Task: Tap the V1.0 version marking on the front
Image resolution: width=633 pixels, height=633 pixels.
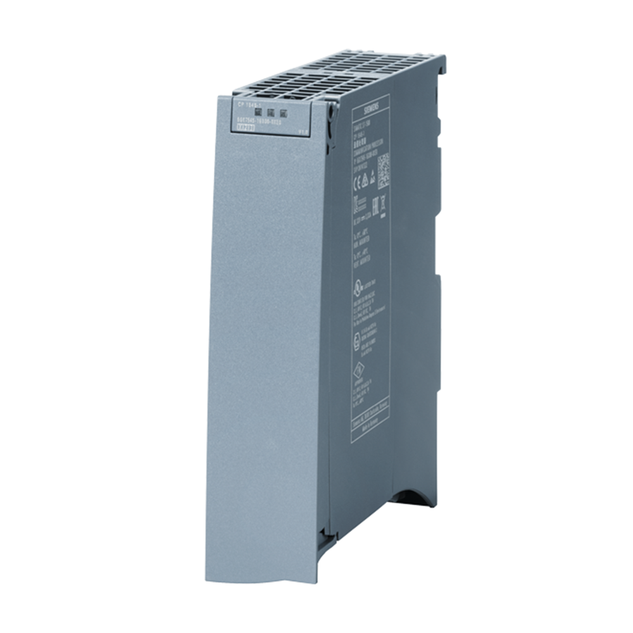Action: click(304, 131)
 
